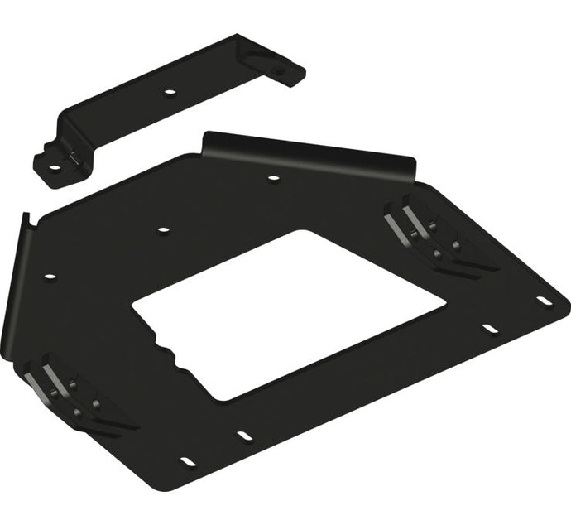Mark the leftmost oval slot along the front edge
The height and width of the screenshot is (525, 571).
coord(187,460)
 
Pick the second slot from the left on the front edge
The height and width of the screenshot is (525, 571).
coord(243,433)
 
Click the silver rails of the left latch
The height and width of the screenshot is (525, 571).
coord(41,378)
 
